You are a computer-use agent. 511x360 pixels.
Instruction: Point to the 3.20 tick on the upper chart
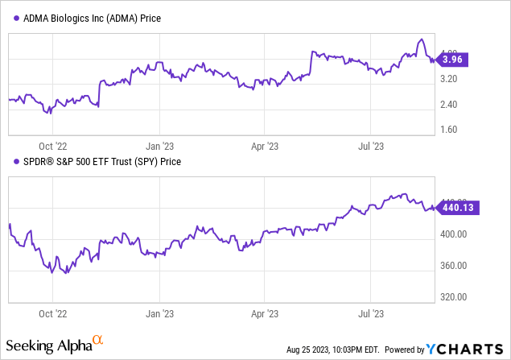tap(454, 79)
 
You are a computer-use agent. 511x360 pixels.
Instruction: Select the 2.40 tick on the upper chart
tap(454, 105)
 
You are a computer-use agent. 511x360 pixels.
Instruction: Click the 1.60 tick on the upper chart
tap(454, 130)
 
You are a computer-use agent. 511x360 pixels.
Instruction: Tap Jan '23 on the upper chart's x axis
tap(160, 146)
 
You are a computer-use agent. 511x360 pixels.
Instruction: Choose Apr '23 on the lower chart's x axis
tap(266, 313)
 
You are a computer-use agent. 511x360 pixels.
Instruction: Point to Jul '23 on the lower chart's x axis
tap(370, 313)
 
